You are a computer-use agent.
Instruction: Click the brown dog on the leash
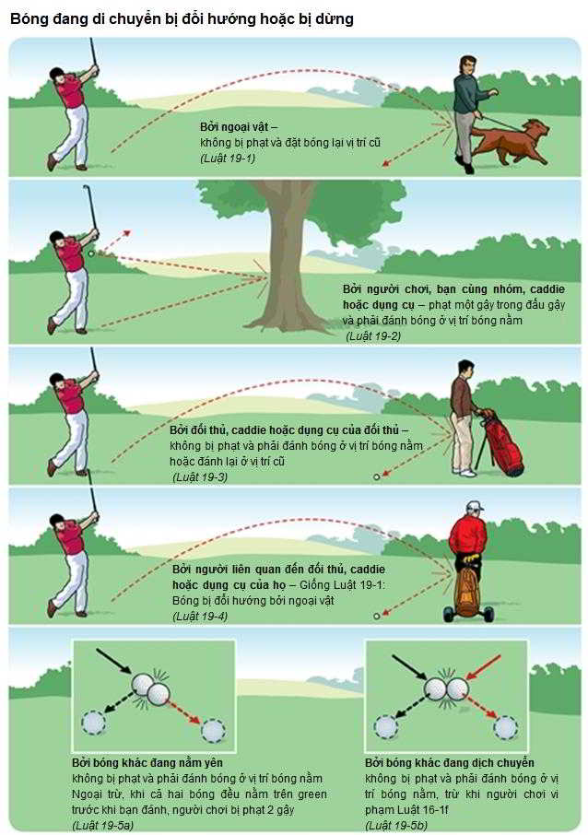pos(512,142)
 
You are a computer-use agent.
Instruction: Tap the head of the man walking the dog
pos(467,65)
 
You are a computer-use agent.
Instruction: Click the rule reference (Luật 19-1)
pos(228,159)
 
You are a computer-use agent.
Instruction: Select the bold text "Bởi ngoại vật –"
pos(239,127)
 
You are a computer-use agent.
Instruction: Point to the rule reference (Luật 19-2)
pos(373,336)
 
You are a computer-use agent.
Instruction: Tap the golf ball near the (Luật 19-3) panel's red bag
pos(377,476)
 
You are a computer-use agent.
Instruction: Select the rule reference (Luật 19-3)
pos(200,477)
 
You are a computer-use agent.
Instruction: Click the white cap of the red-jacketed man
pos(474,506)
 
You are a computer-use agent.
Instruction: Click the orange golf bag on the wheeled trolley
pos(468,590)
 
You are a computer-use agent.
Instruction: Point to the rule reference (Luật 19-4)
pos(200,617)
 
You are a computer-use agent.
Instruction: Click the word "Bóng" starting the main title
pos(26,19)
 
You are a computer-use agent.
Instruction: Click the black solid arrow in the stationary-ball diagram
pos(114,662)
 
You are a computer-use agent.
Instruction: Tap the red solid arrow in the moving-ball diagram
pos(484,668)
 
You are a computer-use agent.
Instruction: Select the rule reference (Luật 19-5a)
pos(103,826)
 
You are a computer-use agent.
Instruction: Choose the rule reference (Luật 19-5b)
pos(396,826)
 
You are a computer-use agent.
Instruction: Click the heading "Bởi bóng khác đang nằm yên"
pos(147,762)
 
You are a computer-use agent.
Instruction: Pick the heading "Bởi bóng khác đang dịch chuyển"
pos(450,762)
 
